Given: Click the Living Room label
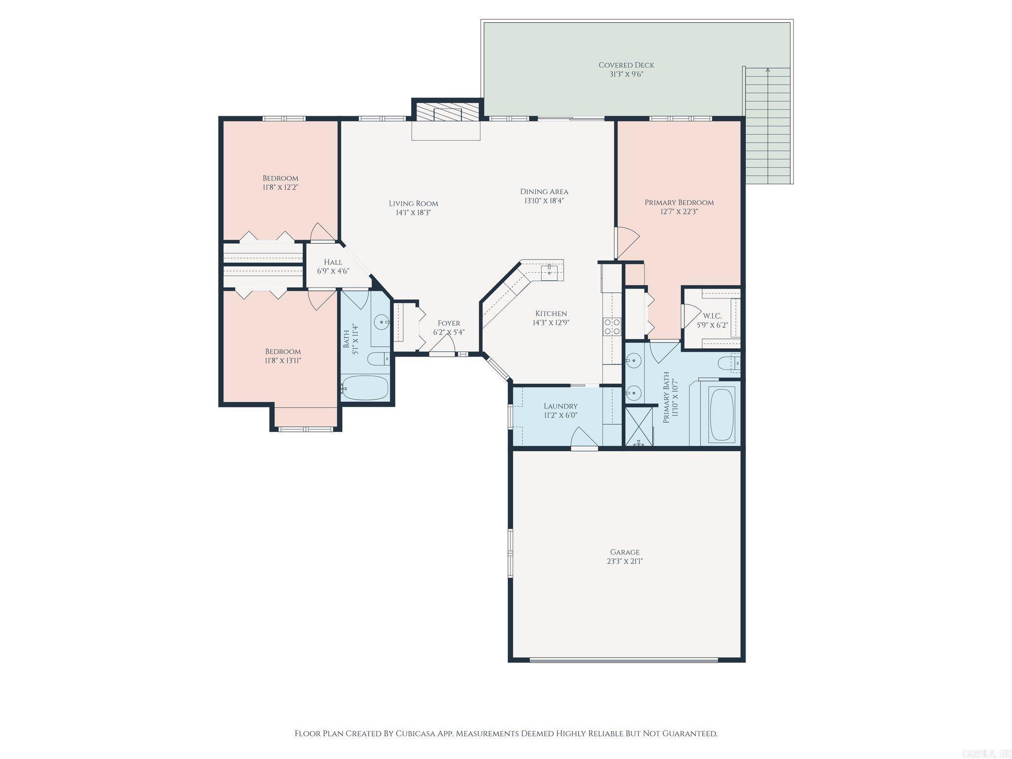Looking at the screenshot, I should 413,204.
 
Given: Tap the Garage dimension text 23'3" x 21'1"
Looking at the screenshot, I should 625,561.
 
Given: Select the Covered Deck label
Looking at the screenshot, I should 626,65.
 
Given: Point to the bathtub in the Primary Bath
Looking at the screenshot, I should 722,414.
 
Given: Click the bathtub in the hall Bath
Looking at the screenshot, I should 365,388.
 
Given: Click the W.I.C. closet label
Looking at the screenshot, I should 712,316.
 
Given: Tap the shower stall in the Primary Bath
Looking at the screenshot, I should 639,426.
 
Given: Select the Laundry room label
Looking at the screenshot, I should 560,406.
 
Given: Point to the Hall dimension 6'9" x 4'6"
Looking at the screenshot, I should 333,271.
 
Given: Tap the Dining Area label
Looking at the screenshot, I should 544,192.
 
